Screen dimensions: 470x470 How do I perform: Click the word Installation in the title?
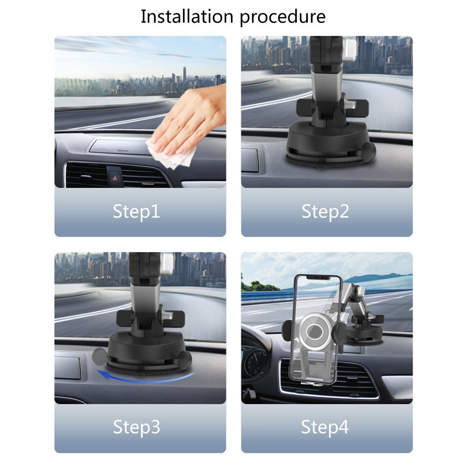coord(188,17)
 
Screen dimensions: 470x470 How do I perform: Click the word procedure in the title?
coord(282,17)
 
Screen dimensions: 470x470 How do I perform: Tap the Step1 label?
coord(136,212)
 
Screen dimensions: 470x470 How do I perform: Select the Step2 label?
coord(325,212)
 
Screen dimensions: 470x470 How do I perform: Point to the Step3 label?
coord(136,427)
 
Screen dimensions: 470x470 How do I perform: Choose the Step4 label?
coord(325,427)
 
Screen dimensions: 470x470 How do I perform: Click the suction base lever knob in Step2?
coord(368,150)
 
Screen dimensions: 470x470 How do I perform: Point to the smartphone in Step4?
coord(317,328)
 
